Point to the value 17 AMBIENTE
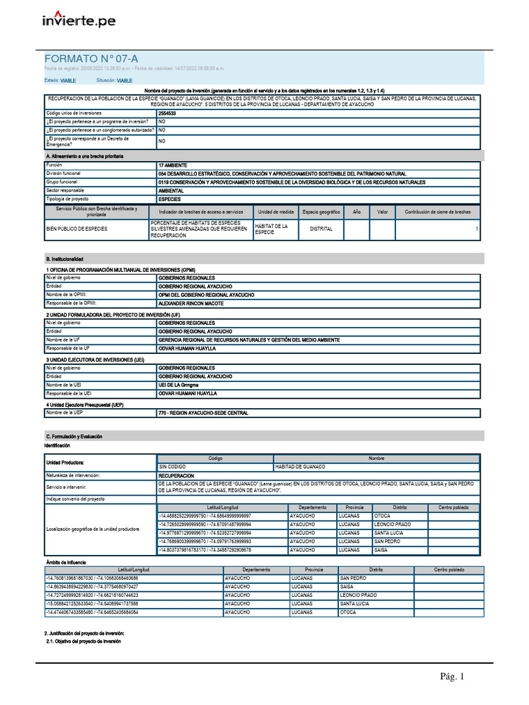point(174,166)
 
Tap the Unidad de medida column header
point(276,212)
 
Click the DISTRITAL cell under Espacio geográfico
point(321,229)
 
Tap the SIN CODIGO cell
point(172,467)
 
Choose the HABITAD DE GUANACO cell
point(300,467)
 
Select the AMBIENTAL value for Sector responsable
point(171,190)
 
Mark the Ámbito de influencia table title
point(65,562)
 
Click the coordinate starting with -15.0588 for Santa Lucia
point(90,603)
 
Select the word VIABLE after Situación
point(124,81)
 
